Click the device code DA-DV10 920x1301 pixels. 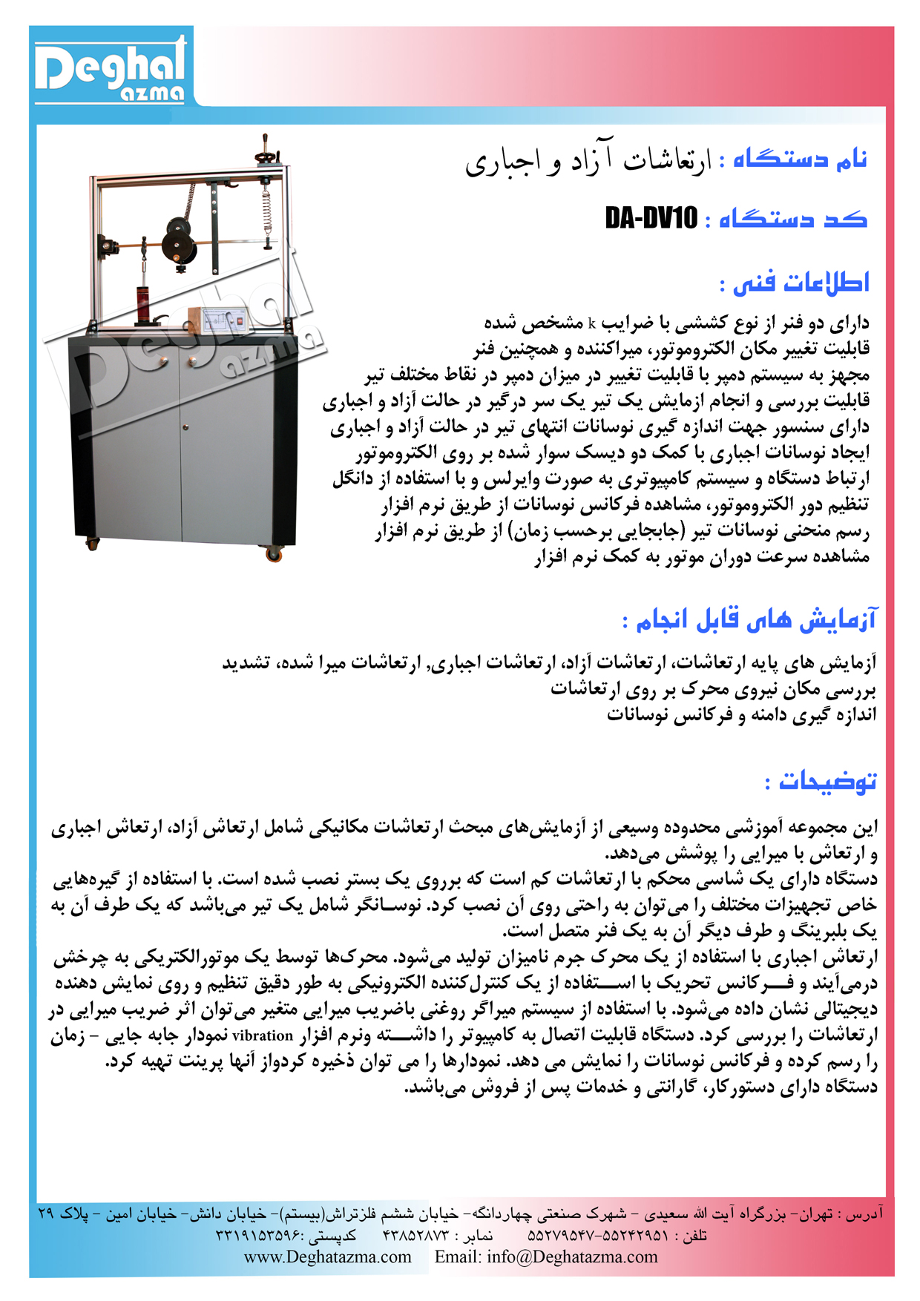tap(651, 218)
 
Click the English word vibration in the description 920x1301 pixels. tap(263, 1036)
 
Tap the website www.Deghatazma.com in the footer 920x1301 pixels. tap(327, 1256)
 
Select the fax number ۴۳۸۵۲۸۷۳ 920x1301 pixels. tap(416, 1236)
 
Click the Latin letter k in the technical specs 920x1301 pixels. tap(592, 323)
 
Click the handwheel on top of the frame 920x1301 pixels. tap(266, 154)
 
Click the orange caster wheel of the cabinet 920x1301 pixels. tap(273, 553)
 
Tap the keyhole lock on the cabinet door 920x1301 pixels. tap(185, 427)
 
